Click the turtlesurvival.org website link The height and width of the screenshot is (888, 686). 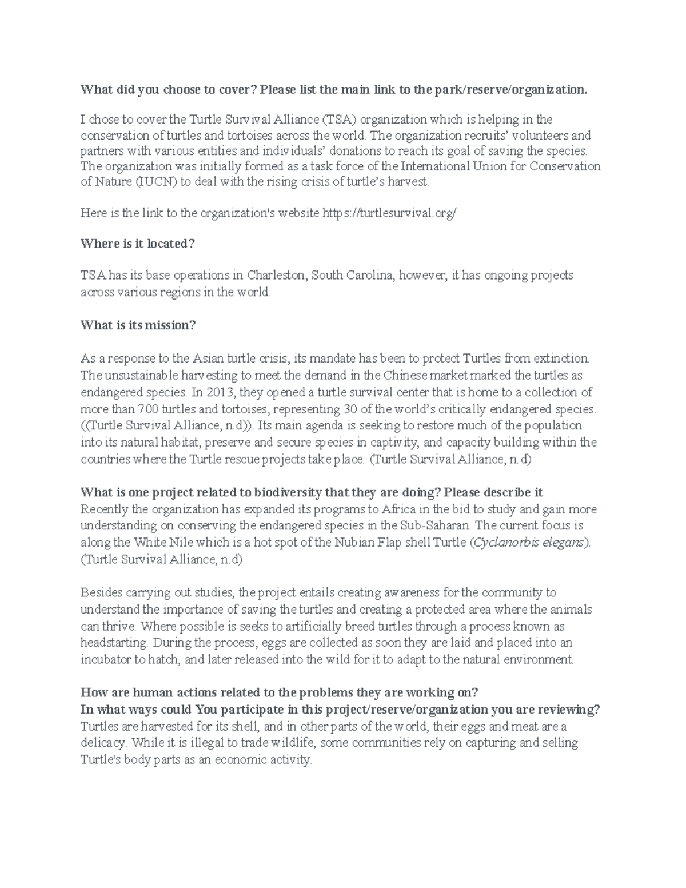390,213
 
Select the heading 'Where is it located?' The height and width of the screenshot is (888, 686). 138,244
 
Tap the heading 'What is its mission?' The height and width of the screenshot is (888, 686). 138,325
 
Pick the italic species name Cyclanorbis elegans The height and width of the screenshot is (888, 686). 530,543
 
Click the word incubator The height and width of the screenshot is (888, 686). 106,659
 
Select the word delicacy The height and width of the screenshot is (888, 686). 103,743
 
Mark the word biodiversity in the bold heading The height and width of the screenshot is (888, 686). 288,493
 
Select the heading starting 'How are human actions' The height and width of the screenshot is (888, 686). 279,693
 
